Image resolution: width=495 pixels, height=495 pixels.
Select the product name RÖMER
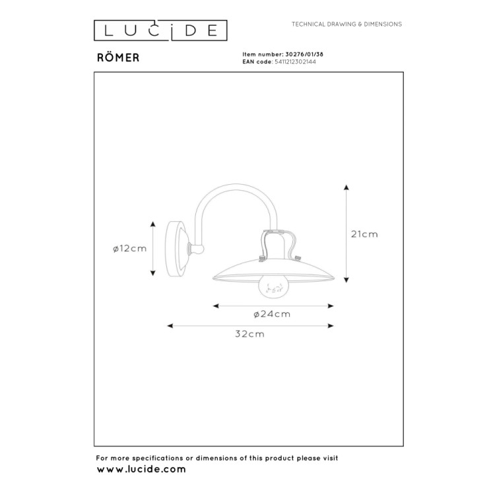(118, 57)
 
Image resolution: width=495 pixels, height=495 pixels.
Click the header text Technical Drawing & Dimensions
(346, 24)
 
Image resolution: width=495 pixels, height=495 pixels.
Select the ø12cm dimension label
(129, 248)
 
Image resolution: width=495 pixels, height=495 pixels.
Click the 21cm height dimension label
(364, 234)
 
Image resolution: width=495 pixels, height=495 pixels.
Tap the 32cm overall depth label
(251, 334)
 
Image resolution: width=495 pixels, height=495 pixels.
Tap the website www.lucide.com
(141, 469)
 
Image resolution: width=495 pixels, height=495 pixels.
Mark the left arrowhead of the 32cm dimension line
(170, 325)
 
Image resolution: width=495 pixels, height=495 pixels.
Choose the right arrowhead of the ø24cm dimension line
(332, 306)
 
